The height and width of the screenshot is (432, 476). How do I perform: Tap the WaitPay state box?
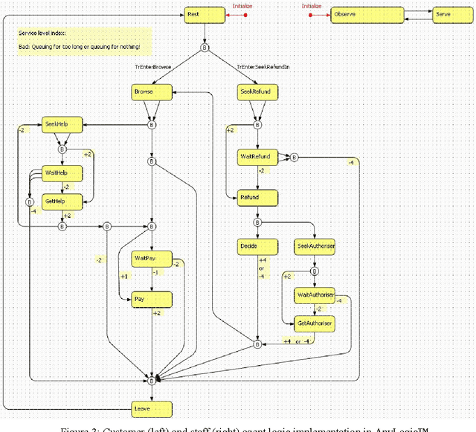click(152, 259)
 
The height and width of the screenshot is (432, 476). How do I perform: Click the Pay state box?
click(152, 299)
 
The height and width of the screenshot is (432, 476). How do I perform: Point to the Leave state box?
click(152, 408)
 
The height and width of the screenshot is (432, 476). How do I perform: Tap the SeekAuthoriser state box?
click(314, 246)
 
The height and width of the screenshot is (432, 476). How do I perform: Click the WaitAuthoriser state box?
click(314, 295)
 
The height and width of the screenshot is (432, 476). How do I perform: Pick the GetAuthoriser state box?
click(314, 324)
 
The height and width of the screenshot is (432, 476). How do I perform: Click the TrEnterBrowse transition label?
click(152, 67)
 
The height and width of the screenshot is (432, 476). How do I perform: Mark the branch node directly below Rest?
click(205, 48)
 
